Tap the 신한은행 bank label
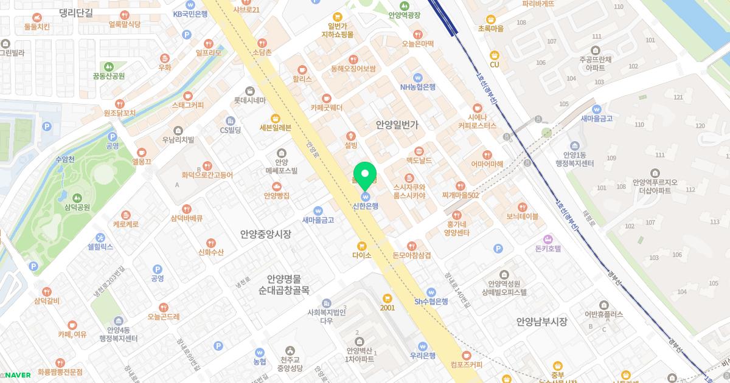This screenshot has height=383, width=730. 366,206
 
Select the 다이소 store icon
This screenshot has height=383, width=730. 362,246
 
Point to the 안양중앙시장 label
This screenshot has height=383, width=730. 265,234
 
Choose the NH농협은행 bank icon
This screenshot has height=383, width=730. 417,77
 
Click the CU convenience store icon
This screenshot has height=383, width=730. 495,55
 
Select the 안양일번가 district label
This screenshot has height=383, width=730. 397,125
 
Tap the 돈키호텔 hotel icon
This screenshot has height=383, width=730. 547,239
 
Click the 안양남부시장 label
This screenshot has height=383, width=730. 541,322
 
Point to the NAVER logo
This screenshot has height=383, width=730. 18,375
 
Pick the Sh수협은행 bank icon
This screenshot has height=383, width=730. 431,292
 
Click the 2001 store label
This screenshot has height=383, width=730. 388,308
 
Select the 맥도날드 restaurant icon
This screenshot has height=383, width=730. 419,151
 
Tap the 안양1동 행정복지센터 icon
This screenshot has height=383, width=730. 574,145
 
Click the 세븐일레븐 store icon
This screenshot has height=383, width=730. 276,118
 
